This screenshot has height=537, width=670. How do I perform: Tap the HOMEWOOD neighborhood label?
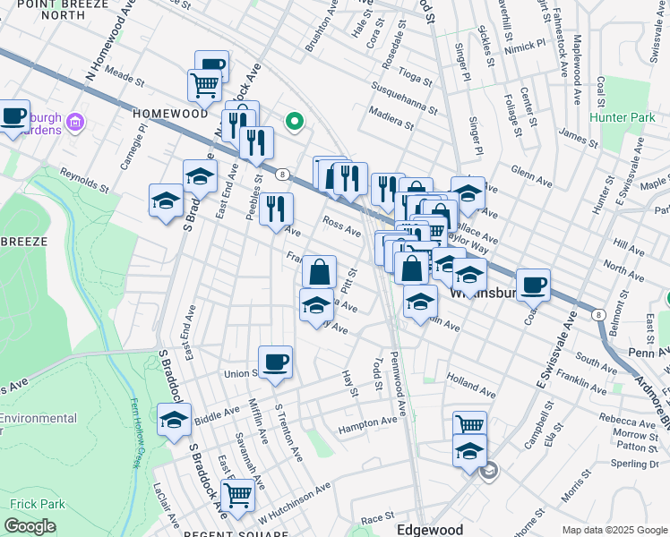pos(170,114)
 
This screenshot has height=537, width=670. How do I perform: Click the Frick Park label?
pos(33,504)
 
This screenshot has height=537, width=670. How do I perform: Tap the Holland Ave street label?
pos(471,386)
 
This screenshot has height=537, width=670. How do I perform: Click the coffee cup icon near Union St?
pos(276,361)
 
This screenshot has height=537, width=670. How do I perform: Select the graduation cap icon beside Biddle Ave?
pos(174,419)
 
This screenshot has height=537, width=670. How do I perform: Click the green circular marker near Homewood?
pos(292,121)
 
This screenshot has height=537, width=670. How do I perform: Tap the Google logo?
pos(30,526)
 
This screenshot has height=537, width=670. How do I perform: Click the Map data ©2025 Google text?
pos(614,530)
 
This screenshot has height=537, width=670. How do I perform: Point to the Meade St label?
pos(125,75)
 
